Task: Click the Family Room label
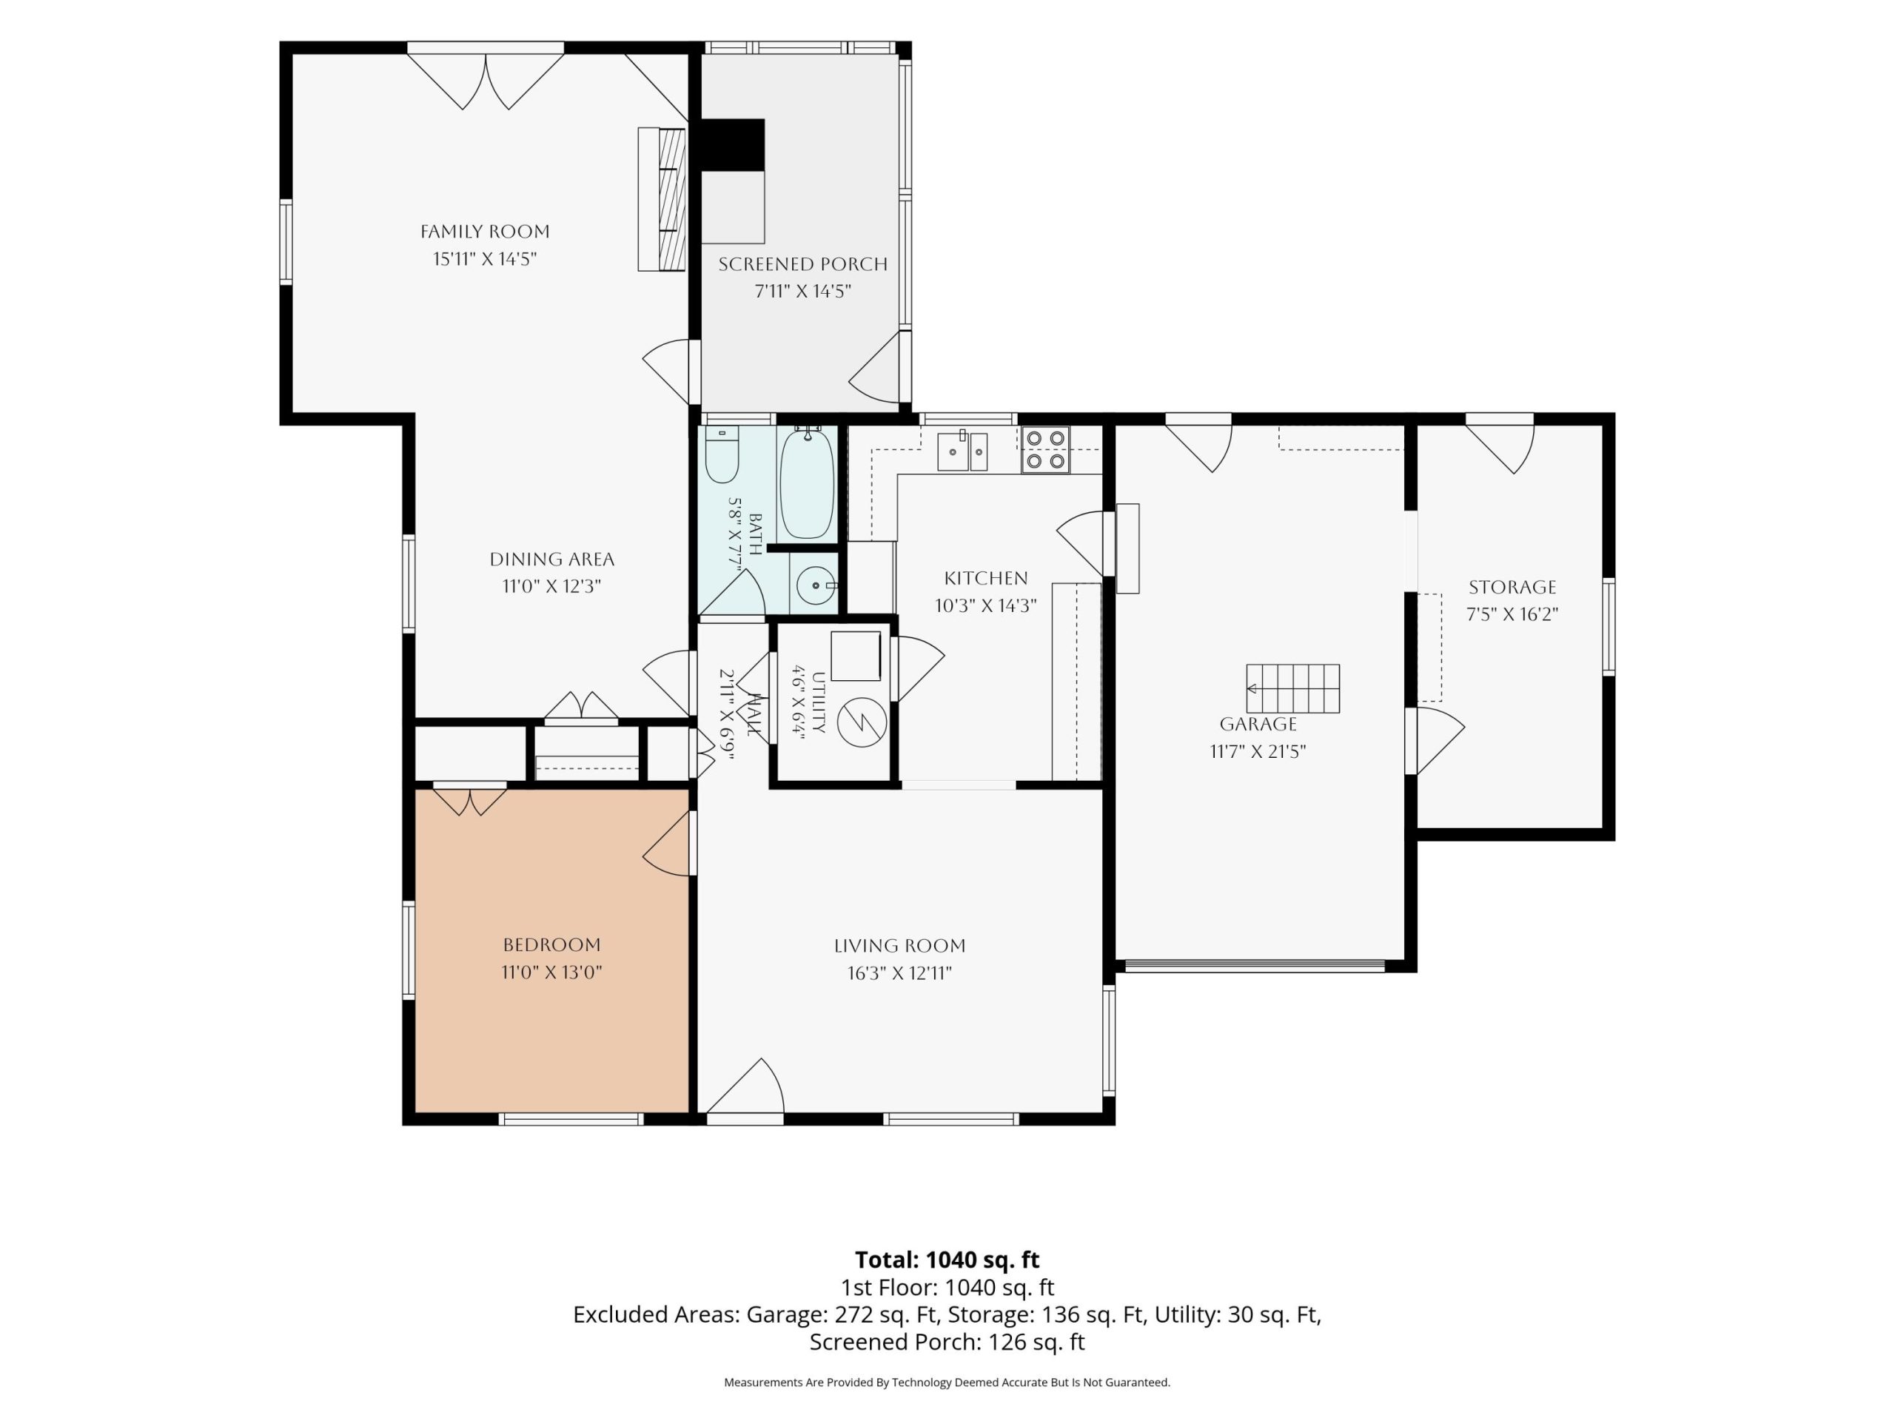tap(485, 231)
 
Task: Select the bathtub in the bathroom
tap(806, 483)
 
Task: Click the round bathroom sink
tap(816, 586)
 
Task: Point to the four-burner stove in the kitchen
tap(1046, 450)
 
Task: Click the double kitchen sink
tap(962, 451)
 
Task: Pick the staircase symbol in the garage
tap(1292, 688)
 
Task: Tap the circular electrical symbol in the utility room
tap(862, 723)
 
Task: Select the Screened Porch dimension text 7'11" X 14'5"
tap(802, 291)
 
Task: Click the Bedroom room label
tap(551, 945)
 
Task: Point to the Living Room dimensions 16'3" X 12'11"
tap(899, 973)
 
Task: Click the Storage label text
tap(1512, 588)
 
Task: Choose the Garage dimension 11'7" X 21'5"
tap(1258, 752)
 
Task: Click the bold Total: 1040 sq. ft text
tap(947, 1260)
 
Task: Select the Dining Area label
tap(551, 560)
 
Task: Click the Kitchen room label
tap(986, 578)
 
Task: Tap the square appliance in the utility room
tap(856, 656)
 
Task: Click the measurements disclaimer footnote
tap(947, 1382)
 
